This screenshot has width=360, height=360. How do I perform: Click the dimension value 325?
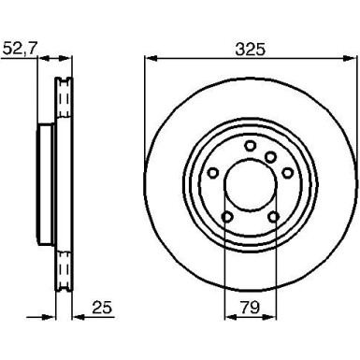(x=248, y=44)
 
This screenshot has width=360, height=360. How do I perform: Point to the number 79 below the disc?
(x=248, y=305)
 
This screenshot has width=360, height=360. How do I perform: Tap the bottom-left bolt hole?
(x=227, y=219)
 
